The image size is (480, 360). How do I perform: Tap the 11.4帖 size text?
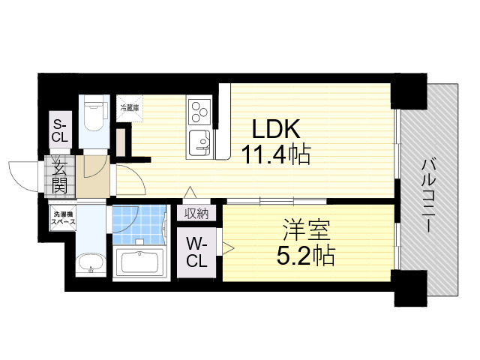[x=276, y=155]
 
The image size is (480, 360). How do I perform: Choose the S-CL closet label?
[x=59, y=132]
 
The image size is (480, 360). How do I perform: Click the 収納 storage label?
[x=198, y=213]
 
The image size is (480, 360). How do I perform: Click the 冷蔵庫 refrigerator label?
[x=129, y=107]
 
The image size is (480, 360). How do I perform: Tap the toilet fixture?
[x=94, y=116]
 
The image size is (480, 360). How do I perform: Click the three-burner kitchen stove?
[x=200, y=113]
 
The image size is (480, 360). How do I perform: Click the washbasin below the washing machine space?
[x=91, y=264]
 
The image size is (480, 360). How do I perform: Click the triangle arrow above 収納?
[x=190, y=193]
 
